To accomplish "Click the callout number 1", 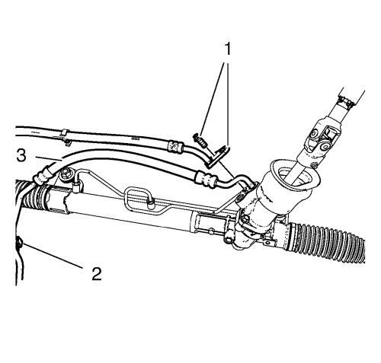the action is click(x=228, y=49).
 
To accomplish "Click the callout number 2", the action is click(x=97, y=274).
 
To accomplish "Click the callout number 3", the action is click(x=21, y=155).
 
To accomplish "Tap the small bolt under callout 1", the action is click(x=200, y=139).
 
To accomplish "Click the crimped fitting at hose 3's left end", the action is click(x=43, y=174).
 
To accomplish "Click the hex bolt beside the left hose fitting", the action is click(x=66, y=175).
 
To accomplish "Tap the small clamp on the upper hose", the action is click(x=65, y=137).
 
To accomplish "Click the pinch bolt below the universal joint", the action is click(x=314, y=165).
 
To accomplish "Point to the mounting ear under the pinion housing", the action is click(x=268, y=242).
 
